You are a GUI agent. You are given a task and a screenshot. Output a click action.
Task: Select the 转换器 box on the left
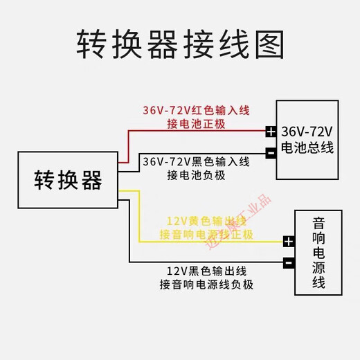coord(68,181)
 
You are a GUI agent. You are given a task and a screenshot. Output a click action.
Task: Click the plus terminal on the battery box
coord(270,131)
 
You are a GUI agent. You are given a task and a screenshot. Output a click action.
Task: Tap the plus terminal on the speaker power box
coord(289,242)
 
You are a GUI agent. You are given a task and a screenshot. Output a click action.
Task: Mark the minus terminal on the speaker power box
coord(289,263)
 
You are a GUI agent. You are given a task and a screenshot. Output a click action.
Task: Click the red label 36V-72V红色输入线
coord(196,111)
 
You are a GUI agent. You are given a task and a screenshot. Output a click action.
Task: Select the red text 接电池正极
coord(196,124)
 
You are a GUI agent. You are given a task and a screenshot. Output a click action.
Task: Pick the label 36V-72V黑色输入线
coord(196,162)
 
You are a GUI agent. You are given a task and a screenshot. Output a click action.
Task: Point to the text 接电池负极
coord(196,175)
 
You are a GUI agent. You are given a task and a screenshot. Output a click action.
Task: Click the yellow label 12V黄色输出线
coord(206,222)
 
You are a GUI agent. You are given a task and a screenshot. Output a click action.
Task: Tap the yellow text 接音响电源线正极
coord(206,235)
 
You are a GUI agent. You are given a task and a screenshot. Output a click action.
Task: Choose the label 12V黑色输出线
coord(206,271)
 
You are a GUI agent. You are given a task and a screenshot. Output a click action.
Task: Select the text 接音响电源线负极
coord(206,285)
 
